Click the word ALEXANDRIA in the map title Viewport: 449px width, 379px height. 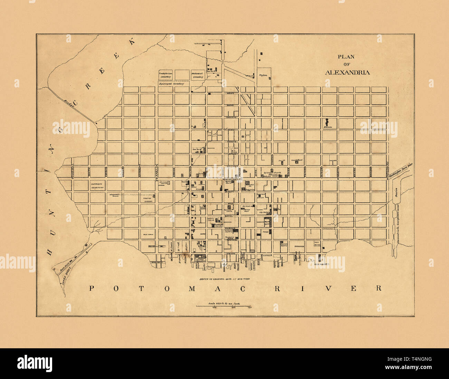[x=347, y=72]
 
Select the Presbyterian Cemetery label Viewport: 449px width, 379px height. [x=165, y=75]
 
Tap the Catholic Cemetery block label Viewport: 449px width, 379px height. [x=98, y=186]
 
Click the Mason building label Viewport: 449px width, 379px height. [x=327, y=127]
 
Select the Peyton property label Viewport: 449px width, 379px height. [x=263, y=75]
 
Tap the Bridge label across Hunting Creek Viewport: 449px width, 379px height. [x=71, y=105]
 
